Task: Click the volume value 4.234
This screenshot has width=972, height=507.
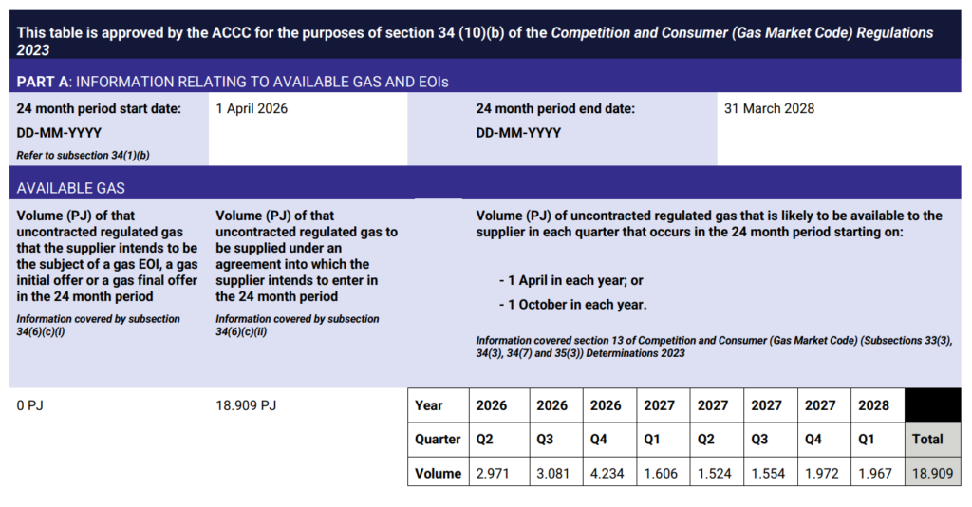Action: pos(606,473)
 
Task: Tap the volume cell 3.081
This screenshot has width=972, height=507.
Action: pos(551,473)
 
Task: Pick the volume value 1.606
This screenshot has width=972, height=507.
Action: pos(660,473)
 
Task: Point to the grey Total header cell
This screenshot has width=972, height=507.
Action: pos(928,440)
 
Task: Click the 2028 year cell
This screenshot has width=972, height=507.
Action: pos(873,405)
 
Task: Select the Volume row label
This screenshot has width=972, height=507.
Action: pos(438,473)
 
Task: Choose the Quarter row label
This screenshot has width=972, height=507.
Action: pos(438,440)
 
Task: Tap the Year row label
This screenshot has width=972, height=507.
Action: pos(429,405)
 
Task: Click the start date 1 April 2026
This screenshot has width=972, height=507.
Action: pos(252,109)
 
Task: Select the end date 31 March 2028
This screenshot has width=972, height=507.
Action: pos(769,109)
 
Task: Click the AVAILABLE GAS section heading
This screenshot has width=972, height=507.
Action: pos(70,188)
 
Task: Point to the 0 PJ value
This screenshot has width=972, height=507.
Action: pos(30,405)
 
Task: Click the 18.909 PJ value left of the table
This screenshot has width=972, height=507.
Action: pos(246,405)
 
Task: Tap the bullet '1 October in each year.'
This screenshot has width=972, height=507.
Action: pos(573,306)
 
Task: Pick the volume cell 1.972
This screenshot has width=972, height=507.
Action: pos(821,473)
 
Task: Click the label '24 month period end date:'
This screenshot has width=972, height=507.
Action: pos(555,109)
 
